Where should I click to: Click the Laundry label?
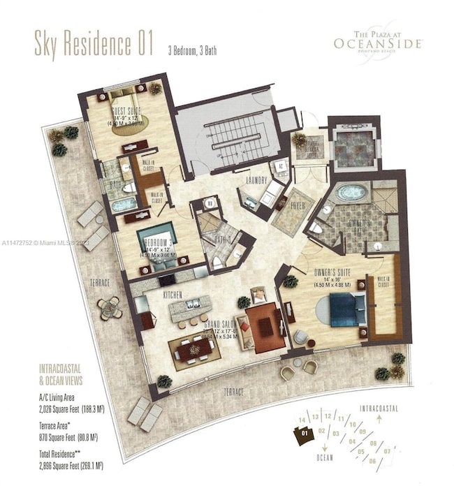[x=256, y=181]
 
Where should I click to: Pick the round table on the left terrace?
[x=110, y=308]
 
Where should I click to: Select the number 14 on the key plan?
[x=302, y=419]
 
